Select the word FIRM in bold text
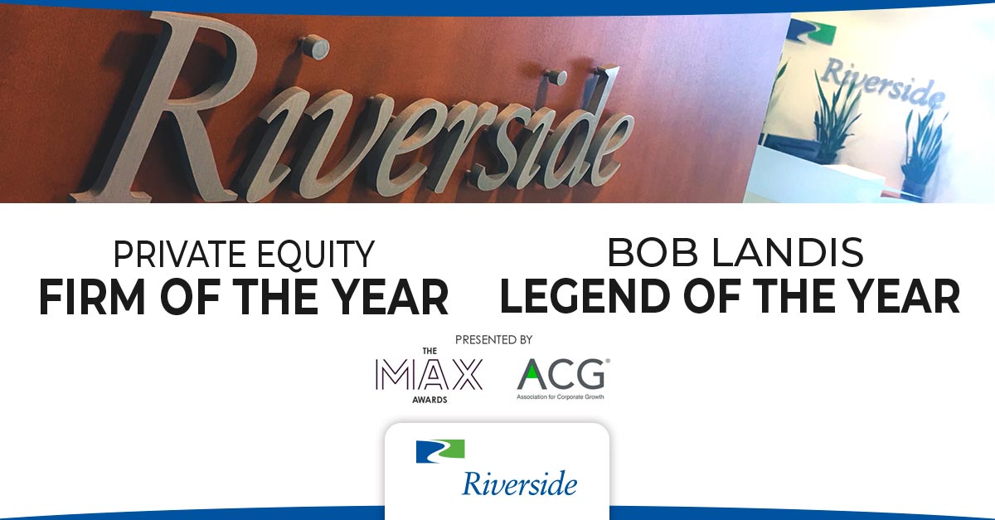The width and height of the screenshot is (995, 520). pos(91,297)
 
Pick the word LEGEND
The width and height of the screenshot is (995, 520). pos(585,296)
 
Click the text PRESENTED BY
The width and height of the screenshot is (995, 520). pos(493,340)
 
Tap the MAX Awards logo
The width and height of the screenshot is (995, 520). pos(430,376)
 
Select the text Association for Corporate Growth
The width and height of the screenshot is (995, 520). pos(561,396)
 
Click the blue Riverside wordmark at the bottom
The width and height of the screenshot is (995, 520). pos(519,484)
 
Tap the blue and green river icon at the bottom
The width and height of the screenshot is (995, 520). pos(440,451)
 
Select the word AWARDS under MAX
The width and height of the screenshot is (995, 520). pos(430,400)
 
